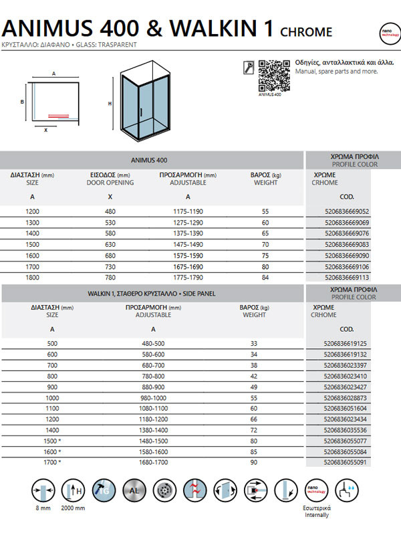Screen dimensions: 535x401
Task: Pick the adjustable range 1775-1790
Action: tap(187, 276)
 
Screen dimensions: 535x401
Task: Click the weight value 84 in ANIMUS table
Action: tap(265, 276)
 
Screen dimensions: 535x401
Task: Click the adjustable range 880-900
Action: tap(154, 387)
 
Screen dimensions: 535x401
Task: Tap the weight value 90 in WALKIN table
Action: tap(254, 462)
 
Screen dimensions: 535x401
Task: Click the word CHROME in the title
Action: tap(306, 31)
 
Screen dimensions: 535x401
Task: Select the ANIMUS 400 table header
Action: tap(152, 160)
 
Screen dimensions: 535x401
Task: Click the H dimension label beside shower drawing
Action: tap(110, 104)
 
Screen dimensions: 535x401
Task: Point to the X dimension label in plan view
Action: tap(45, 130)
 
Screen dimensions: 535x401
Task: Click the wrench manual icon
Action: tap(247, 67)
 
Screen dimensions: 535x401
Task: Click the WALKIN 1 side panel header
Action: tap(152, 293)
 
